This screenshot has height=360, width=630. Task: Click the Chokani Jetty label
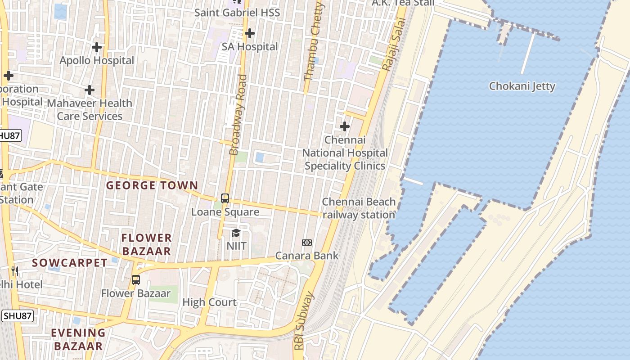coord(522,86)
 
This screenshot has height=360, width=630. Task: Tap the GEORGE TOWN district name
coord(152,185)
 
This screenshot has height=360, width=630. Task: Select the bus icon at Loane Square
coord(225,198)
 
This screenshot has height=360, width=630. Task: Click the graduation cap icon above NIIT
coord(236,233)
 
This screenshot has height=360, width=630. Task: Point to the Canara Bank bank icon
coord(307,243)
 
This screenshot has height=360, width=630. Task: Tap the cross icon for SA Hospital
coord(249,33)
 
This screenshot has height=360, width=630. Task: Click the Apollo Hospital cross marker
coord(96,47)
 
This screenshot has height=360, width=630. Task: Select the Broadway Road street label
coord(238,115)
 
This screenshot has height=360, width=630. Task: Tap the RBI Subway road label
coord(304,321)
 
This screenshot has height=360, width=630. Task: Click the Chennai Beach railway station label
coord(359,208)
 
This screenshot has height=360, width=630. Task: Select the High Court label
coord(209,302)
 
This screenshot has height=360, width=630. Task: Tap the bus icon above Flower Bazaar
coord(135,280)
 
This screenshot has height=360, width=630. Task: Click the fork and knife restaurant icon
coord(15,270)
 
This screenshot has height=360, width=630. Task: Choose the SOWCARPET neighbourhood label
coord(69,263)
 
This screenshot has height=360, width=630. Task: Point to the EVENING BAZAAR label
coord(78,340)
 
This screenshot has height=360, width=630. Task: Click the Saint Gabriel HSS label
coord(237,13)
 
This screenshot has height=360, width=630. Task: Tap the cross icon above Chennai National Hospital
coord(344,126)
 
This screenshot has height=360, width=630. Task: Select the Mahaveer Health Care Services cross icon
coord(90,90)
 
